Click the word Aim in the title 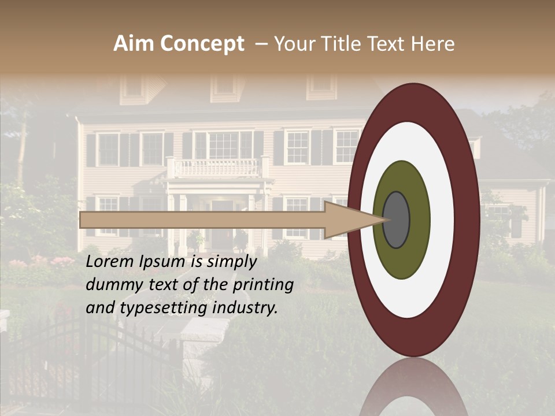(x=134, y=44)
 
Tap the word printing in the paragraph (x=262, y=285)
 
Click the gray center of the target (x=396, y=220)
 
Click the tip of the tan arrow (x=386, y=220)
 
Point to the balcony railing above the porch (x=217, y=168)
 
